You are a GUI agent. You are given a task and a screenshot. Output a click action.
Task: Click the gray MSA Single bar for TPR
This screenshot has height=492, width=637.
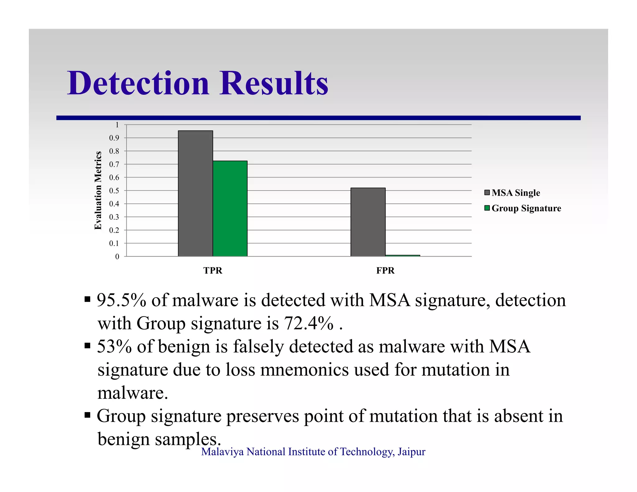click(195, 193)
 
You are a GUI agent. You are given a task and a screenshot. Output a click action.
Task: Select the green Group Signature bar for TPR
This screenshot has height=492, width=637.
click(230, 208)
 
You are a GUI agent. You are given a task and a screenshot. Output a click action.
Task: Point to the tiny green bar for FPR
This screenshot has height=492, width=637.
click(402, 256)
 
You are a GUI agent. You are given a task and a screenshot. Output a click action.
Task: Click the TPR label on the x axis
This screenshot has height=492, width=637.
click(213, 271)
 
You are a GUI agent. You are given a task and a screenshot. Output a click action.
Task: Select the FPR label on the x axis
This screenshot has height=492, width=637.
click(385, 271)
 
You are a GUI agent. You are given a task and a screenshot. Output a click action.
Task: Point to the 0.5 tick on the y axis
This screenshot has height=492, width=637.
click(114, 191)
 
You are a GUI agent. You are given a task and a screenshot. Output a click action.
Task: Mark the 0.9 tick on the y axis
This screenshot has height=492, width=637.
click(114, 138)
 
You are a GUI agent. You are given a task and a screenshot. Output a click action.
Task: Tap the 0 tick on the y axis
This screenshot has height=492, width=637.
click(117, 257)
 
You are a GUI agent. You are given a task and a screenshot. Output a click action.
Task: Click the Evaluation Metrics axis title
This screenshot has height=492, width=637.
click(98, 190)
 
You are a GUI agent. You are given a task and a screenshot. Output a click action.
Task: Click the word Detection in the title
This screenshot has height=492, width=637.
click(138, 83)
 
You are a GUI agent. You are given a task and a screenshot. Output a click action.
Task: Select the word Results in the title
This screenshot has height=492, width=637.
click(274, 83)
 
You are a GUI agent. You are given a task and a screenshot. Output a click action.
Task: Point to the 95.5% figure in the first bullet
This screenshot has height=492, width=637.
click(121, 300)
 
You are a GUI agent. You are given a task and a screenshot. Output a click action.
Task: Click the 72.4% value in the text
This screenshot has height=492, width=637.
click(309, 323)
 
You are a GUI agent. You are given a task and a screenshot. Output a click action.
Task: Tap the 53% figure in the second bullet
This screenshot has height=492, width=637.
click(114, 346)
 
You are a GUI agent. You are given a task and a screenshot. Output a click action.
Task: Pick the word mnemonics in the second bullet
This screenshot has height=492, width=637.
click(305, 370)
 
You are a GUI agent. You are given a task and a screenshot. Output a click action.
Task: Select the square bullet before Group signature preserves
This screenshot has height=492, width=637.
click(87, 415)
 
